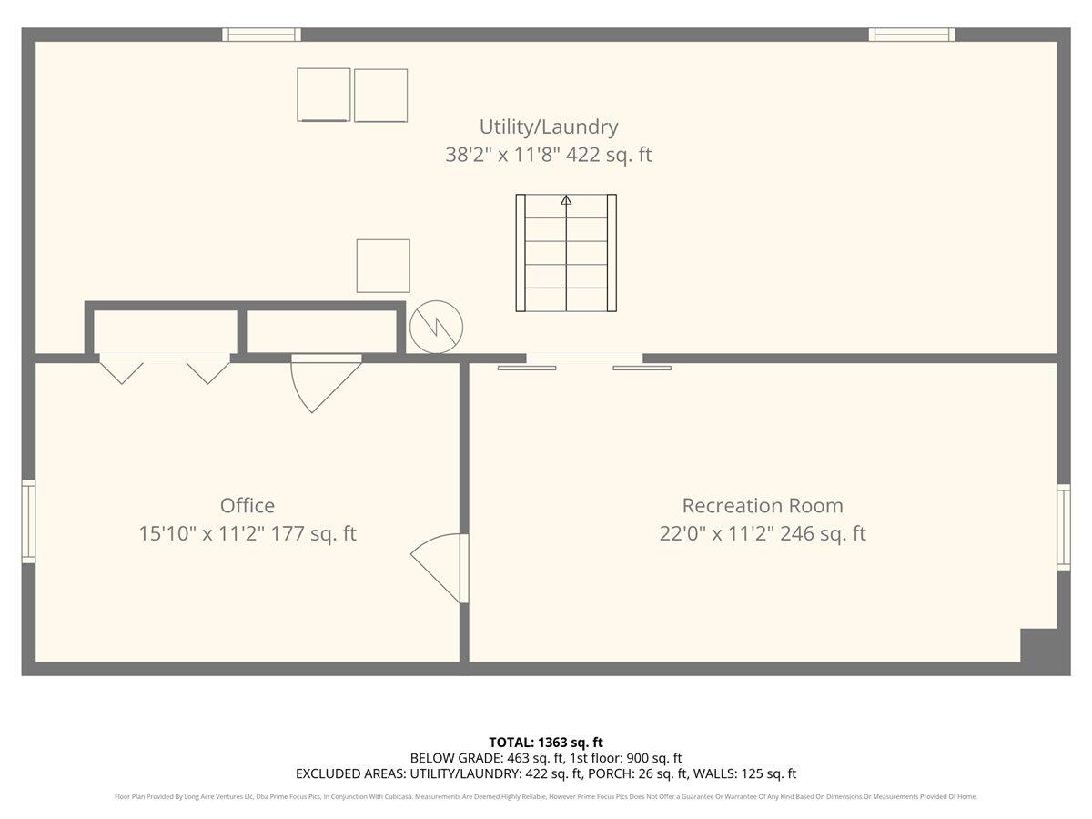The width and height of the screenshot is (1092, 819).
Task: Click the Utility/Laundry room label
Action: (548, 126)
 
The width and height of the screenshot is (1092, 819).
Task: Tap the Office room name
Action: (247, 505)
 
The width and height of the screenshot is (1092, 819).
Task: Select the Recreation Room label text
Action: (763, 505)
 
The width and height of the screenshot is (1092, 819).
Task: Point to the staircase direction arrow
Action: (566, 199)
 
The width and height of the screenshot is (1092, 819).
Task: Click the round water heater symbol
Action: (436, 327)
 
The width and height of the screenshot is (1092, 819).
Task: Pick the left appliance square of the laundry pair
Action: (324, 95)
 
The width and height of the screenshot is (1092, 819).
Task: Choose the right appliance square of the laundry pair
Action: (380, 96)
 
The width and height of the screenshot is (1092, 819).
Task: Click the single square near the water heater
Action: (383, 266)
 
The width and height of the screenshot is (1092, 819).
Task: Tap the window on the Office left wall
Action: (28, 521)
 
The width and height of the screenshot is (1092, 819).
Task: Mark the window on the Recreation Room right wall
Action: (1063, 528)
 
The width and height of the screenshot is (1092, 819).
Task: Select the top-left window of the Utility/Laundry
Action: (262, 35)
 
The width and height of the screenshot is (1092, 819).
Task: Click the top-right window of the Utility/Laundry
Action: (912, 35)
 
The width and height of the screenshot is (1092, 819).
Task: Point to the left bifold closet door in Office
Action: (121, 370)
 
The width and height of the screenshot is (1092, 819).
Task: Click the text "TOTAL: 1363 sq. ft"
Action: (546, 742)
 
